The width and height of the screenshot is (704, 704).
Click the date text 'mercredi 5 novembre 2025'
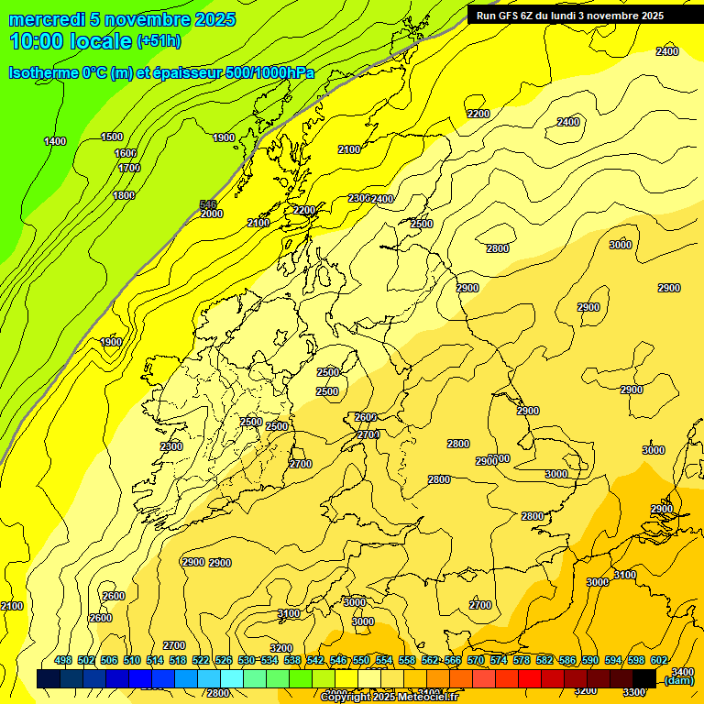pyautogui.click(x=122, y=19)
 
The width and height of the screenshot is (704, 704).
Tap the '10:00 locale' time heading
pyautogui.click(x=71, y=40)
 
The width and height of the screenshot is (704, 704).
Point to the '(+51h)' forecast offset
pyautogui.click(x=159, y=41)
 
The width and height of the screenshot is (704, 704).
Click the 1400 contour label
pyautogui.click(x=55, y=141)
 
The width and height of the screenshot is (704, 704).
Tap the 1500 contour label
pyautogui.click(x=112, y=137)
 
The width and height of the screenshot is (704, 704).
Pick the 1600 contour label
pyautogui.click(x=126, y=153)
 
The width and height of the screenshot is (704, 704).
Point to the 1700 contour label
pyautogui.click(x=129, y=168)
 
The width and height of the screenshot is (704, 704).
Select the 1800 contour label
pyautogui.click(x=124, y=195)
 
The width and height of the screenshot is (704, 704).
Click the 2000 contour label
pyautogui.click(x=212, y=214)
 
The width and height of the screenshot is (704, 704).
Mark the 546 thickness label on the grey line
pyautogui.click(x=208, y=204)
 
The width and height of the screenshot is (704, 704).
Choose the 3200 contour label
pyautogui.click(x=281, y=648)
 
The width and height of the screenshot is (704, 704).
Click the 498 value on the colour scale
pyautogui.click(x=63, y=660)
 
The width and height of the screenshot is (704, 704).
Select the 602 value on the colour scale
pyautogui.click(x=658, y=660)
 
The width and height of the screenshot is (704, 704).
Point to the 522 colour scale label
pyautogui.click(x=201, y=660)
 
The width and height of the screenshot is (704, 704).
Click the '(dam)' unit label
pyautogui.click(x=679, y=680)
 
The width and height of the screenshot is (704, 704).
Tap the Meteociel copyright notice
pyautogui.click(x=389, y=698)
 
